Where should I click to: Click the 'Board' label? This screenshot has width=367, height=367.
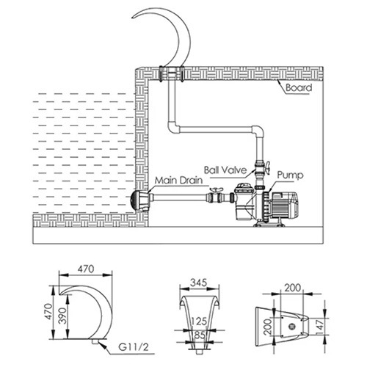299,87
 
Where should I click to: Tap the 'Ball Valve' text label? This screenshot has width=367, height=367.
225,170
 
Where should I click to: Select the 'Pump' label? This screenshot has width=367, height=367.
290,175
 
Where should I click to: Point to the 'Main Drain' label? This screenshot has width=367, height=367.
178,181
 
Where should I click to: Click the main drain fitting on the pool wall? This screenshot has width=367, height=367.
139,200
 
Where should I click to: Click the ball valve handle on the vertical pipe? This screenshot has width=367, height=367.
267,168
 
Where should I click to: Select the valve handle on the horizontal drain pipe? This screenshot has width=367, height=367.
216,189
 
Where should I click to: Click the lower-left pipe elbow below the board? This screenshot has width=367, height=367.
173,127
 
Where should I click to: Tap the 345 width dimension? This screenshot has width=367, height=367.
199,283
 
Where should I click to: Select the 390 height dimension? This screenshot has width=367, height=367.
63,316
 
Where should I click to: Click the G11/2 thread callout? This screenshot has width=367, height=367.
134,347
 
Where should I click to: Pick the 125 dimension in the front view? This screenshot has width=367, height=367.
199,321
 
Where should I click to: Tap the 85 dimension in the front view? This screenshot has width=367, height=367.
200,335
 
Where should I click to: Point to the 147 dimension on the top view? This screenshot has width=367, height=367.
321,325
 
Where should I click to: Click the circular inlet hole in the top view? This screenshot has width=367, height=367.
291,326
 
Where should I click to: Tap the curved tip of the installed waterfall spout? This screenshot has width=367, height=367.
134,18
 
